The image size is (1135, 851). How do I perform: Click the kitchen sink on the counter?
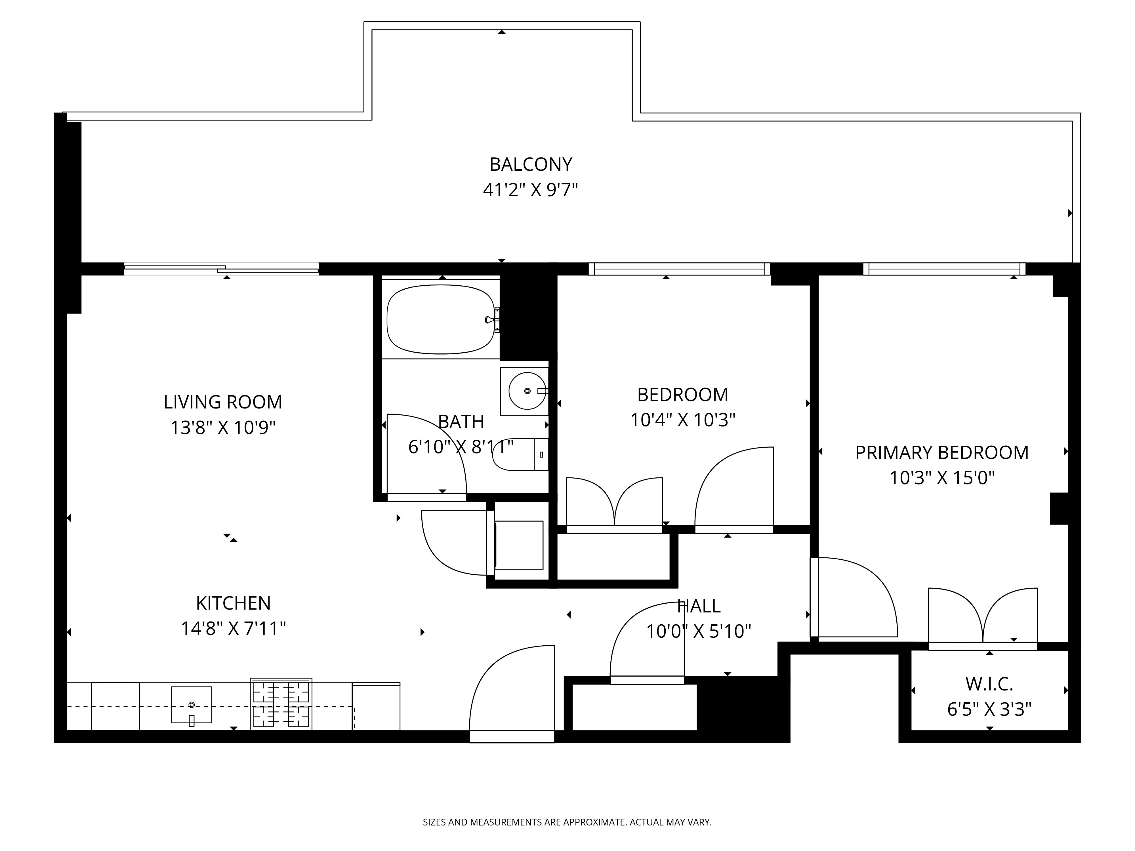pos(192,705)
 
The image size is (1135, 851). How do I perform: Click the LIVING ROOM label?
pos(223,402)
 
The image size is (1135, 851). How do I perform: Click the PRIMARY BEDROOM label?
pos(941,452)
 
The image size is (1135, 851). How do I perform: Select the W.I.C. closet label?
pos(989,684)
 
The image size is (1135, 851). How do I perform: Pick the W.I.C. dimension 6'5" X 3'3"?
pos(989,709)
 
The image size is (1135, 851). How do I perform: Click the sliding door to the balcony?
pos(221,269)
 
